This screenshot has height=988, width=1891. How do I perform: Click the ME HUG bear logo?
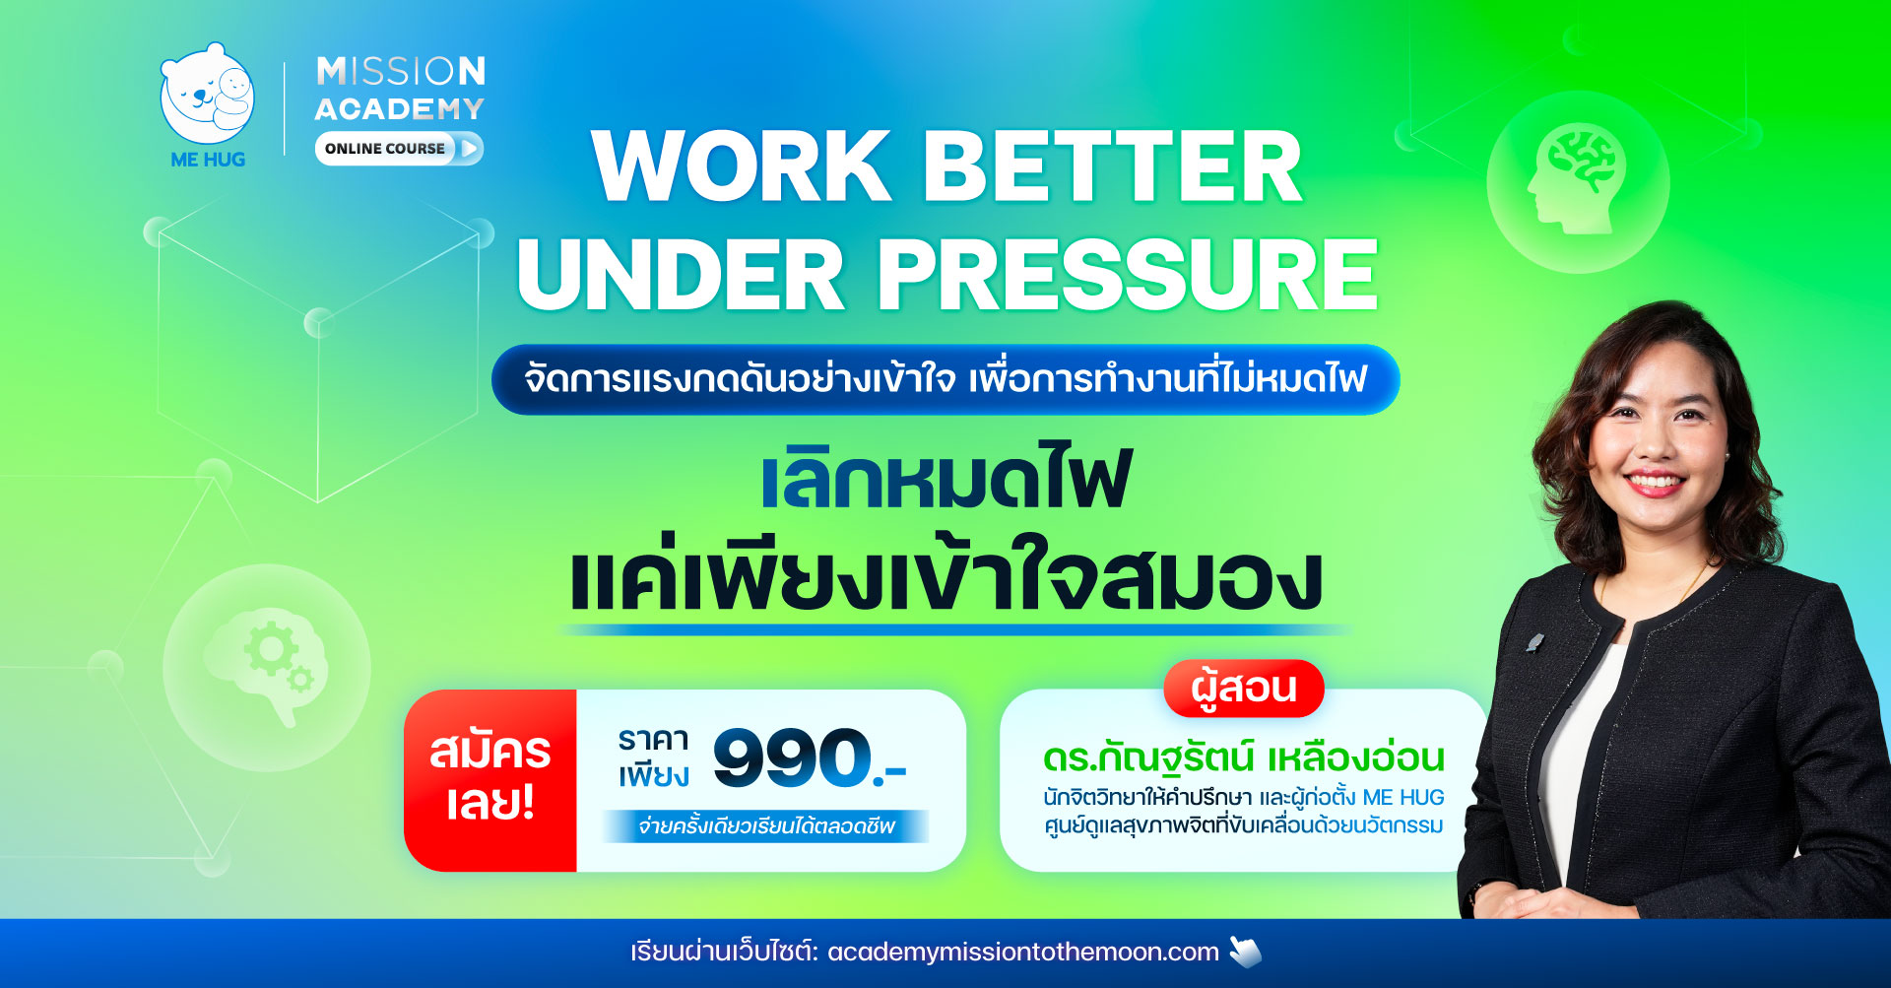coord(207,96)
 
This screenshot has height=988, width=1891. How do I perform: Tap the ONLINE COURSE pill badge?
coord(399,149)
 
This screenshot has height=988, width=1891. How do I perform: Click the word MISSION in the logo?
coord(401,71)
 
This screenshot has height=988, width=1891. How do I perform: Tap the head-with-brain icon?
coord(1577,179)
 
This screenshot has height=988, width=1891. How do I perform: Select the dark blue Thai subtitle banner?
coord(945,379)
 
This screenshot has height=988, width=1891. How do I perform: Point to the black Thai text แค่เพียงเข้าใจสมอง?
coord(945,574)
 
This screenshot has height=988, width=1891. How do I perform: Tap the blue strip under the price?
coord(765,826)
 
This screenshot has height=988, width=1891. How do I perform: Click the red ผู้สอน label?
coord(1244,688)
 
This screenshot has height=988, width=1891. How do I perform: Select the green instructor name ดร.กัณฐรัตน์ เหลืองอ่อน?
coord(1244,757)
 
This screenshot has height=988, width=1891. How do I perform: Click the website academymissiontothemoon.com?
coord(1023,953)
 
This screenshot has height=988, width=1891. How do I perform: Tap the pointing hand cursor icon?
coord(1245,952)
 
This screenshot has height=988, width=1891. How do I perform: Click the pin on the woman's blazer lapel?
coord(1533,643)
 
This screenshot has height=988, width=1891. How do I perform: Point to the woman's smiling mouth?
coord(1654,484)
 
